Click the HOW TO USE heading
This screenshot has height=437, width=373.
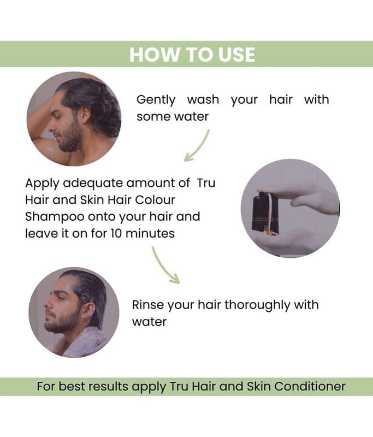coord(192,54)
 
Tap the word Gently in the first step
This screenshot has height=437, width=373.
coord(156,100)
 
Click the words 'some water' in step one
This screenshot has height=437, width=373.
coord(173,116)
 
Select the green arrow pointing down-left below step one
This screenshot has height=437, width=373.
coord(197,145)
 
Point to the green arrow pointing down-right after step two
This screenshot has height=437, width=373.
coord(165,265)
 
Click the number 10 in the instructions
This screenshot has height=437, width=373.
coord(116,233)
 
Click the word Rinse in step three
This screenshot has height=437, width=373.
coord(148,305)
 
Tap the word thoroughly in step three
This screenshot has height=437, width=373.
coord(257,305)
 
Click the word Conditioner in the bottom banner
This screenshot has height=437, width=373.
coord(310,387)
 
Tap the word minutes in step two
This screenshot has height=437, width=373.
coord(150,233)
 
